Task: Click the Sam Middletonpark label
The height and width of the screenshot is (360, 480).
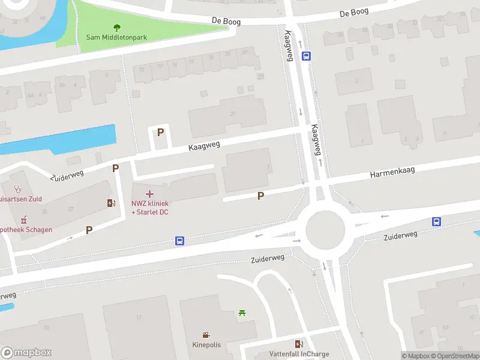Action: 116,37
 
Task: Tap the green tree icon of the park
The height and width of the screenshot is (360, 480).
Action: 116,27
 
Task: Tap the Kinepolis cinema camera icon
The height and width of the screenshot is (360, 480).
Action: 206,335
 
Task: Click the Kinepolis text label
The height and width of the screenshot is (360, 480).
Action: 206,345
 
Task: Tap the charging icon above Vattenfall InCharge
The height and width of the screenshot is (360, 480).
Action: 299,344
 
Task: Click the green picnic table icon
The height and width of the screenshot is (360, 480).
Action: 242,313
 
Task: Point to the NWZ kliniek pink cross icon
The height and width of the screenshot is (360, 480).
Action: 149,193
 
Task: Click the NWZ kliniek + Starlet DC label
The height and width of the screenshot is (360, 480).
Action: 149,208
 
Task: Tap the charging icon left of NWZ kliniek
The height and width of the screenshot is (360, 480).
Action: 110,203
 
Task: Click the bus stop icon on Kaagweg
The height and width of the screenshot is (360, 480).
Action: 307,56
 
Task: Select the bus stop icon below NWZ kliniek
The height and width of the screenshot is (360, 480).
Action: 179,241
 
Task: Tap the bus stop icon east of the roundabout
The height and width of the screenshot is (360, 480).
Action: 437,222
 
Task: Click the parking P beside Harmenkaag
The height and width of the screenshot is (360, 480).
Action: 260,196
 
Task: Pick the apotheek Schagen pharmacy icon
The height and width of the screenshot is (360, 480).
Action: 24,220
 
